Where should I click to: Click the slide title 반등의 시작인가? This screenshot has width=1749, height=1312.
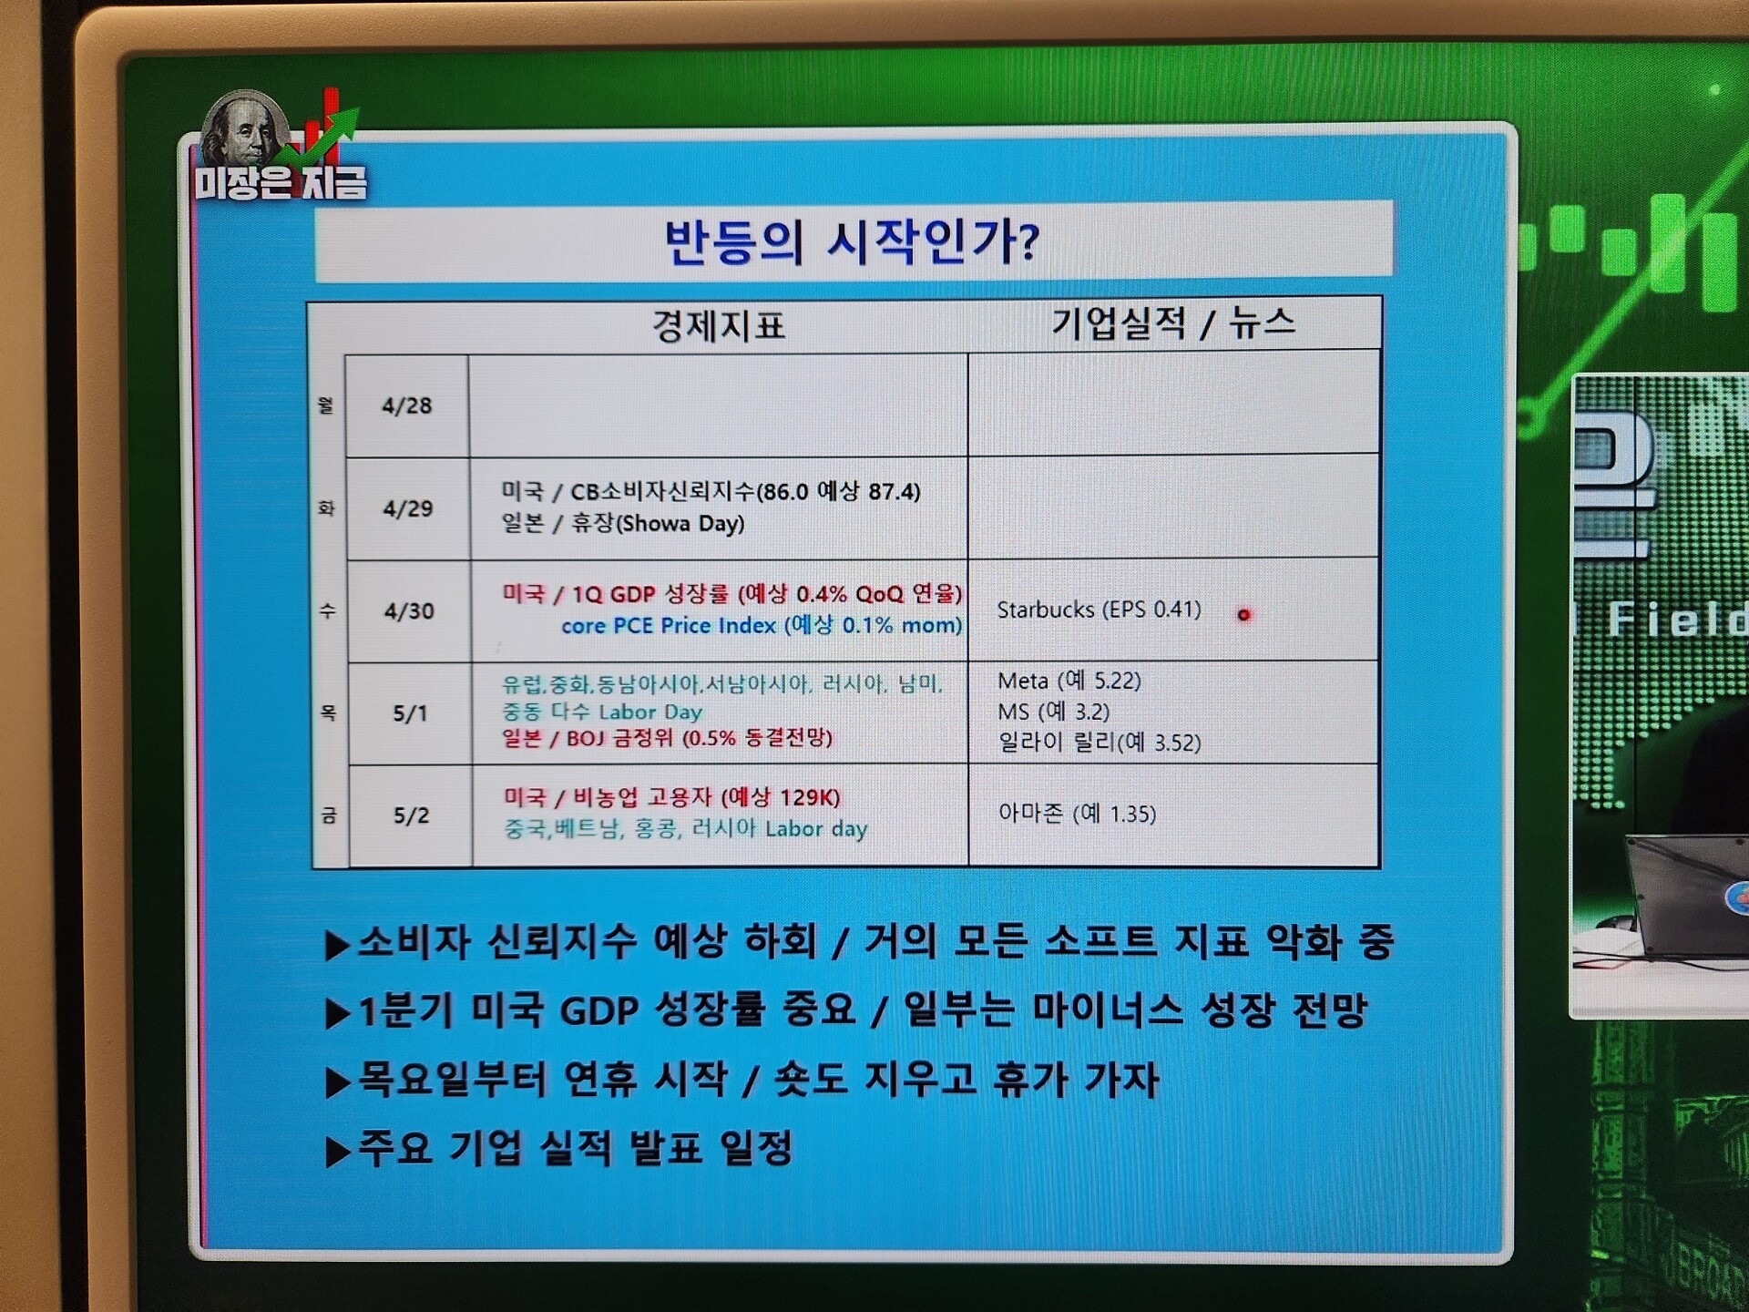[851, 243]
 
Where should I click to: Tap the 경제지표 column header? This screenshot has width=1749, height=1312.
[718, 326]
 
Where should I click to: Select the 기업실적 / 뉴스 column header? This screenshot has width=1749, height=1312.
[1173, 323]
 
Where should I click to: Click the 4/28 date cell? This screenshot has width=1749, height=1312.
[406, 405]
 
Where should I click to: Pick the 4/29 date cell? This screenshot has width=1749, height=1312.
[407, 508]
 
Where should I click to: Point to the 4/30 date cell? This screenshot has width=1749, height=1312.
[409, 610]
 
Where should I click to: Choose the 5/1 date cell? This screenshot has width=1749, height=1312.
[410, 712]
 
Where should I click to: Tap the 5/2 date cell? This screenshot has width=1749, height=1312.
[411, 815]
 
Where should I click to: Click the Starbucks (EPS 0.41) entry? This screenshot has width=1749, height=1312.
[1099, 610]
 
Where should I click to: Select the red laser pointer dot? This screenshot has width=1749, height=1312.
[1243, 615]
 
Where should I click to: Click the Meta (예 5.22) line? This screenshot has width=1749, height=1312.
[1069, 681]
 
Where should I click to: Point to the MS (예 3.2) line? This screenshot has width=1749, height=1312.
[1053, 712]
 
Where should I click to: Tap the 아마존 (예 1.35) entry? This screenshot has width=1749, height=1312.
[1077, 813]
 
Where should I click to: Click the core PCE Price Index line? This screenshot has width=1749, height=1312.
[762, 625]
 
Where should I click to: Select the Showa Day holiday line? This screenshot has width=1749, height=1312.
[623, 523]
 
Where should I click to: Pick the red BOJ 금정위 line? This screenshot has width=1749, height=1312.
[667, 738]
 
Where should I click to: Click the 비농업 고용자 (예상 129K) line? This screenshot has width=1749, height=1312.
[671, 797]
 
